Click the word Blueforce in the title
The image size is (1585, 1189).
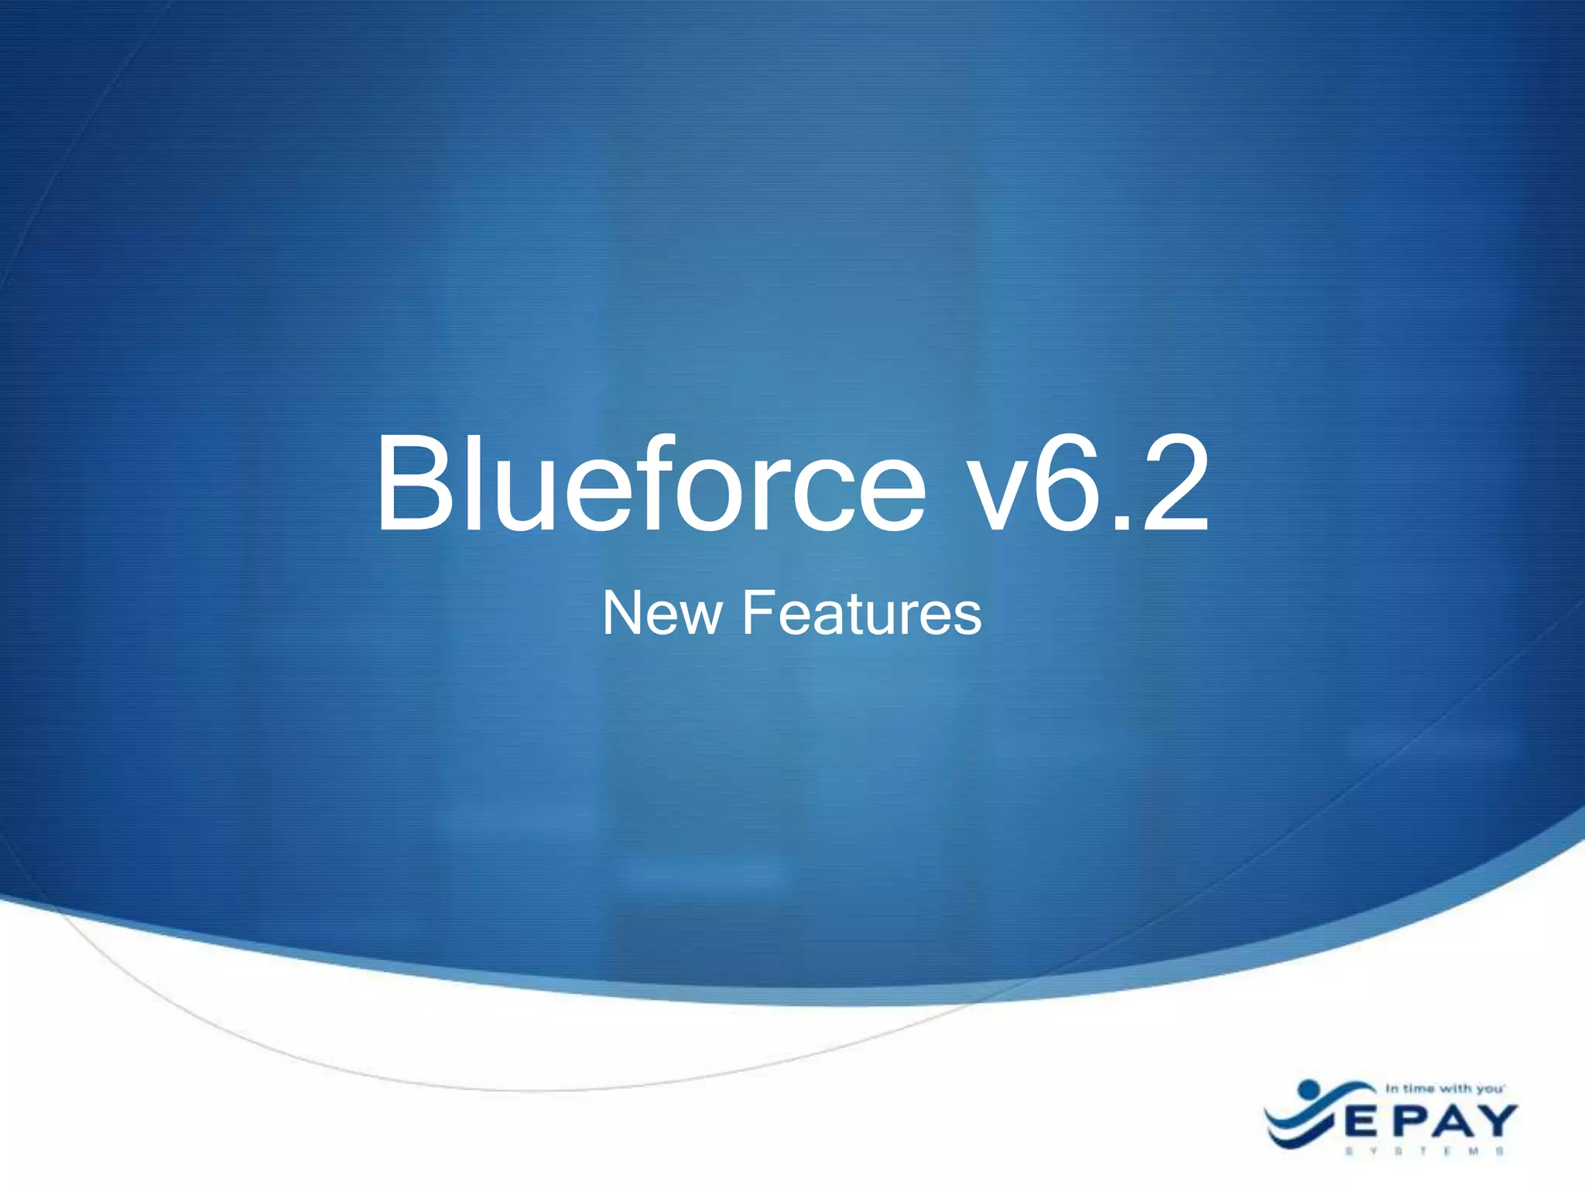tap(650, 485)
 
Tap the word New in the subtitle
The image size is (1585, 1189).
tap(661, 613)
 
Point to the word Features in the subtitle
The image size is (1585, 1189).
tap(861, 613)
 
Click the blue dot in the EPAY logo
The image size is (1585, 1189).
tap(1308, 1089)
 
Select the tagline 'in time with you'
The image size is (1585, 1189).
tap(1444, 1088)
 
